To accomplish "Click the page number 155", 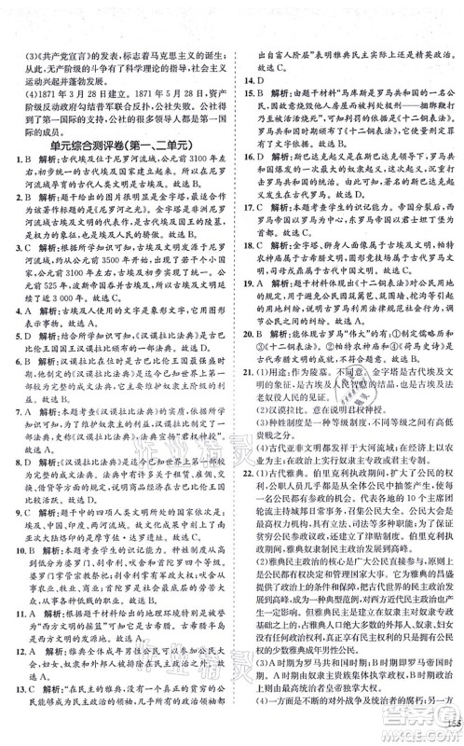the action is click(446, 726).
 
